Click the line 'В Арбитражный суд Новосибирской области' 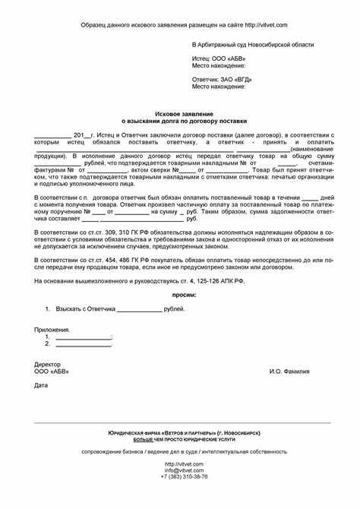[x=252, y=45]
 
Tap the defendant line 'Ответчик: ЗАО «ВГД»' [x=222, y=79]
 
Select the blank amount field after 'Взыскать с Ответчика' [x=139, y=309]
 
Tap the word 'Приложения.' [x=52, y=330]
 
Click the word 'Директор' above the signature [x=47, y=364]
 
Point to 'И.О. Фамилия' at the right [x=289, y=371]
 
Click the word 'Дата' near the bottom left [x=41, y=385]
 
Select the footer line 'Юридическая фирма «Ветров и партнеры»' [x=185, y=432]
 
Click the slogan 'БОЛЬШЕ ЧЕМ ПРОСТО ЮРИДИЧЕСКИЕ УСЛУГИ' [x=185, y=439]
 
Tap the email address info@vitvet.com [x=185, y=470]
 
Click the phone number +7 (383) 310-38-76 [x=185, y=476]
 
